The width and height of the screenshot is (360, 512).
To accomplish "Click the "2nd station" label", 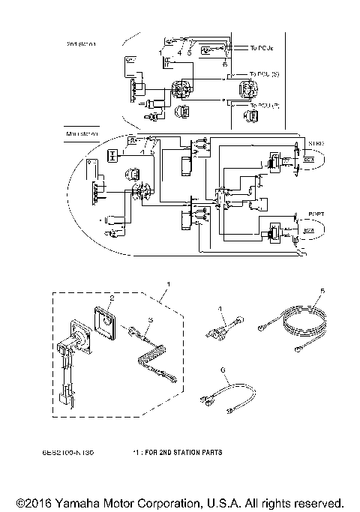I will click(x=81, y=43).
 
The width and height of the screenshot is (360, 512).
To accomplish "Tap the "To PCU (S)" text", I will click(x=265, y=73).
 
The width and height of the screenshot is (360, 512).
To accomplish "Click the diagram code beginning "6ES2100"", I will click(x=77, y=453).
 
